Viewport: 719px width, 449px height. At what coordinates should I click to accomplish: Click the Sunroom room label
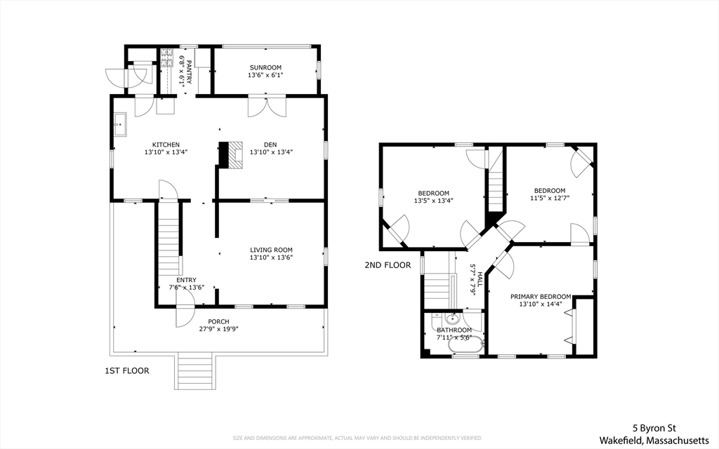click(265, 67)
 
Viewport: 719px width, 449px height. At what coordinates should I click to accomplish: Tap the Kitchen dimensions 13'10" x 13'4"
click(166, 152)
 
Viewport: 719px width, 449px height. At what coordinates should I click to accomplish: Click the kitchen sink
click(120, 124)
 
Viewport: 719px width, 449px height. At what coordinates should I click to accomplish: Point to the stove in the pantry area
click(166, 58)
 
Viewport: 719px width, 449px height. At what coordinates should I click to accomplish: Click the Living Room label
click(272, 250)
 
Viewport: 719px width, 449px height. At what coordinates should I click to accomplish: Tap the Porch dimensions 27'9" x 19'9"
click(219, 329)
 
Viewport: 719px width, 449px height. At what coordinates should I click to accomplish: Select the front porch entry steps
click(194, 370)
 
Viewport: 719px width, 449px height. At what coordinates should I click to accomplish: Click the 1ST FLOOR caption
click(127, 370)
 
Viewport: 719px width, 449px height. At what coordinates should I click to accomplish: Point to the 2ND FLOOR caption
click(388, 265)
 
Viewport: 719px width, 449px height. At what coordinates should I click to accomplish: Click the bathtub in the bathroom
click(466, 344)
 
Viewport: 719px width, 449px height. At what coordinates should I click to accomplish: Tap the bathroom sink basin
click(453, 319)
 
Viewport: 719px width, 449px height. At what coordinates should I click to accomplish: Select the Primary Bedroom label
click(541, 297)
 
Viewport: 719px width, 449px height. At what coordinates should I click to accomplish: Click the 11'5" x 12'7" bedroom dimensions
click(550, 198)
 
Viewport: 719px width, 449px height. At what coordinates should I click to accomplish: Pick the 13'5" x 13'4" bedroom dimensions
click(434, 201)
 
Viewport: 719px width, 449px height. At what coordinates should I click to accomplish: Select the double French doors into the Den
click(267, 107)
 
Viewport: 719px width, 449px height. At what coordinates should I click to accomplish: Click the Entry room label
click(186, 281)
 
